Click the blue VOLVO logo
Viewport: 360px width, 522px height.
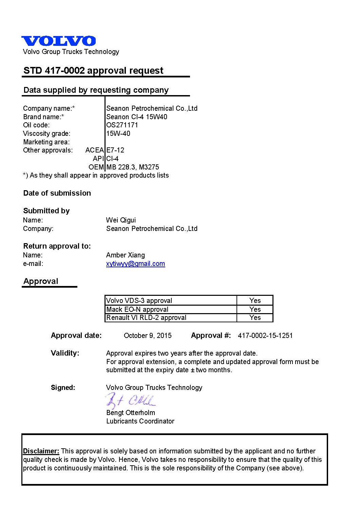pos(58,41)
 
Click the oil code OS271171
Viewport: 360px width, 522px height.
pos(122,125)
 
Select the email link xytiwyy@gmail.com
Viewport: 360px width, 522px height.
pos(135,264)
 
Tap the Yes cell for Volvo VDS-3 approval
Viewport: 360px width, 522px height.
pos(255,301)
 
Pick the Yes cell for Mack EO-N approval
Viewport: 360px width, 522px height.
pos(255,309)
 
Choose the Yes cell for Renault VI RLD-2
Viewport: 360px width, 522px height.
pos(255,318)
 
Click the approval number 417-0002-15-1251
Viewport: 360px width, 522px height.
pos(265,336)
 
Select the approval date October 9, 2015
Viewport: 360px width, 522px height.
pos(148,336)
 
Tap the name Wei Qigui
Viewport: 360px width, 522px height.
pos(121,220)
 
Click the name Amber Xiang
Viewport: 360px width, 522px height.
pos(125,255)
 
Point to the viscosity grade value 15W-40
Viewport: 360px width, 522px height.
pos(118,133)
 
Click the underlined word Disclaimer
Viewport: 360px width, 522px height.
pos(41,451)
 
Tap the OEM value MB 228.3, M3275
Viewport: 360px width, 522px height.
pos(133,167)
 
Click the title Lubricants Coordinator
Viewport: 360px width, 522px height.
pos(140,421)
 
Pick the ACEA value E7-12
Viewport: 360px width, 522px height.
pos(115,150)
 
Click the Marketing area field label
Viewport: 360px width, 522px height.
pos(46,142)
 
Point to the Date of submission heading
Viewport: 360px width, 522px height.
pos(57,193)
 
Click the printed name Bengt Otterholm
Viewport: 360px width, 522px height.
pos(131,413)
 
